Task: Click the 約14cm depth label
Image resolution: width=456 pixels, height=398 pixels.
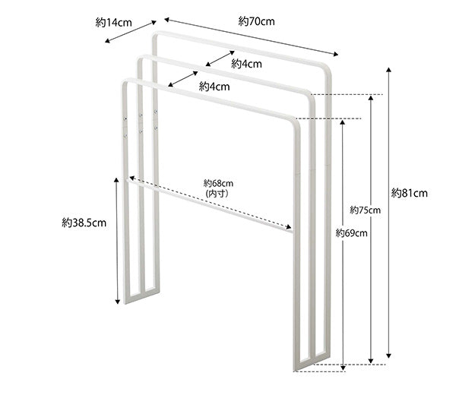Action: (x=113, y=23)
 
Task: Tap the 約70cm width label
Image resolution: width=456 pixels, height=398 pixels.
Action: (x=256, y=21)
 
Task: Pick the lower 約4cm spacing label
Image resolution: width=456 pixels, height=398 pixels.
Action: (x=214, y=87)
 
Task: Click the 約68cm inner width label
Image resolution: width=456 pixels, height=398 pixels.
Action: (x=218, y=183)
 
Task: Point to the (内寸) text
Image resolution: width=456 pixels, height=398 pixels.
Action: (x=218, y=194)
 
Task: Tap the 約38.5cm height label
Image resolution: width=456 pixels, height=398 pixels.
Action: (x=83, y=223)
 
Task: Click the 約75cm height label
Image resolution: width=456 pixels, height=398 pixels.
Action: (x=364, y=210)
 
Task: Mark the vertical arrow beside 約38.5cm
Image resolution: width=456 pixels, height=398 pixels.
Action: (x=117, y=240)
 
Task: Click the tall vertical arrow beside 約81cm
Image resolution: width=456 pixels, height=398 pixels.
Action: (x=389, y=213)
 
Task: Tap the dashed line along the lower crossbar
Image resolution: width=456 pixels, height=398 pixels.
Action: (x=213, y=204)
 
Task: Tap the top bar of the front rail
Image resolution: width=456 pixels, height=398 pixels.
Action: (x=205, y=99)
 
